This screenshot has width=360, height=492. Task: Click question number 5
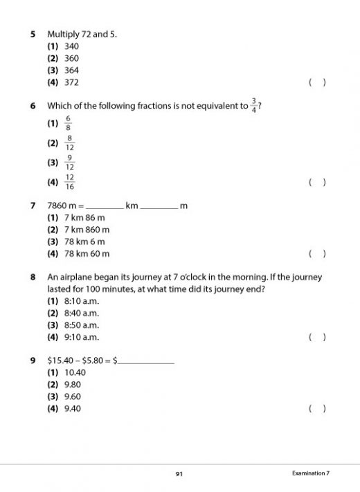click(x=33, y=34)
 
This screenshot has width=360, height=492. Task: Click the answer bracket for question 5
click(x=317, y=82)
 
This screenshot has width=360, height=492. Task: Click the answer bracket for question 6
click(x=317, y=183)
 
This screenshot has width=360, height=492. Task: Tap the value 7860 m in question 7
click(x=61, y=206)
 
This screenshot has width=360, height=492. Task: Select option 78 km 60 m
click(x=87, y=253)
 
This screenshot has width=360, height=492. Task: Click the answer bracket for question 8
click(x=317, y=338)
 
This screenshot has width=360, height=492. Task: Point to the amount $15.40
click(x=60, y=361)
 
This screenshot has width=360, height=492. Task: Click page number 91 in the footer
click(x=179, y=473)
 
